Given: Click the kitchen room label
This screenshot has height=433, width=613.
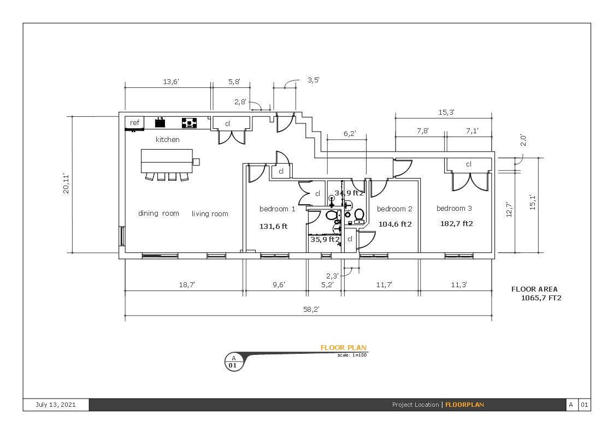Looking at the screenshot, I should (x=167, y=140).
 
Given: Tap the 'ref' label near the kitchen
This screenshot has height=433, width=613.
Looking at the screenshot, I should (x=134, y=123).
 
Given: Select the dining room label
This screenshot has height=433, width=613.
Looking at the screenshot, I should (x=158, y=213).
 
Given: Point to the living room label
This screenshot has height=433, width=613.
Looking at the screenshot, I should (x=210, y=214).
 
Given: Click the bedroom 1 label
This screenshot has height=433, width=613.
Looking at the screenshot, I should (x=277, y=209).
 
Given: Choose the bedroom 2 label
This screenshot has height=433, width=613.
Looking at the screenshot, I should (x=394, y=209).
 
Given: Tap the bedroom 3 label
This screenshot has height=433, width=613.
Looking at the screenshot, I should (x=454, y=209).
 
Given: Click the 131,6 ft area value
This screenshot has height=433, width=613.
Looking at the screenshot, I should (x=273, y=227).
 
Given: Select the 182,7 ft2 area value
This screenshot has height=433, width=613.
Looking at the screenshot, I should (x=456, y=224).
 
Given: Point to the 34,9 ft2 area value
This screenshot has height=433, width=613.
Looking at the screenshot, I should (x=349, y=193).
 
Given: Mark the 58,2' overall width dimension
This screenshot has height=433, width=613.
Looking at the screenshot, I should (x=311, y=310).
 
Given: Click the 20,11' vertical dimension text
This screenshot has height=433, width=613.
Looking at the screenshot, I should (x=66, y=183).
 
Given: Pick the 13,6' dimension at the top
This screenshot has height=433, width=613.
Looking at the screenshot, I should (x=170, y=82).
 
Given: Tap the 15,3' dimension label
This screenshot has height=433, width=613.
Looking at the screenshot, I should (x=446, y=112).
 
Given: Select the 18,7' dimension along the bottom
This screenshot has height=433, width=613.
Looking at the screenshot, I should (x=187, y=285).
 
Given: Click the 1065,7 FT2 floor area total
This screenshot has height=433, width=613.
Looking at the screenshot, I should (x=541, y=298).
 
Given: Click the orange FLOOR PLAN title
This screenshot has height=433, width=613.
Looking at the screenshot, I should (x=343, y=348).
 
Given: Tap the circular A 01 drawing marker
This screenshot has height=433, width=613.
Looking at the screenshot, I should (x=234, y=362).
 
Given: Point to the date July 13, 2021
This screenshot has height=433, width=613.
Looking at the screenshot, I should (x=56, y=405).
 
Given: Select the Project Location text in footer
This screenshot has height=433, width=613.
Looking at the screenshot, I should (x=415, y=405).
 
